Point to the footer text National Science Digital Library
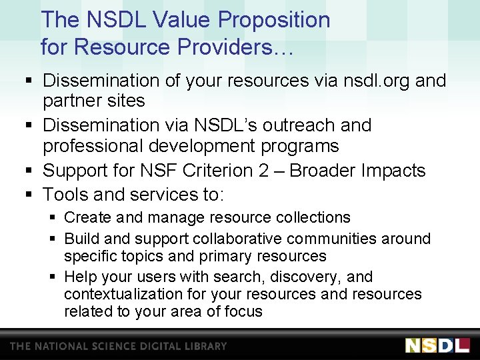pyautogui.click(x=118, y=346)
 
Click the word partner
pyautogui.click(x=74, y=101)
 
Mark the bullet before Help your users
pyautogui.click(x=54, y=277)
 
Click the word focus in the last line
pyautogui.click(x=243, y=311)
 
